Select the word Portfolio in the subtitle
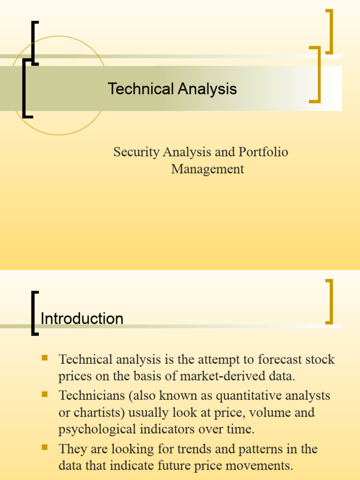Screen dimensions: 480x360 (263, 152)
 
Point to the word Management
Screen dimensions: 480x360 (208, 169)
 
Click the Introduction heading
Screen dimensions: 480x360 (82, 319)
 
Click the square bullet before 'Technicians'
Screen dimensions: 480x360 (45, 394)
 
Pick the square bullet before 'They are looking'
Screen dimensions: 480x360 (45, 448)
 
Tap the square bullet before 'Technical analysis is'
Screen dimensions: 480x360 (45, 359)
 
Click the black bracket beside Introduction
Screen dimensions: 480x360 (34, 313)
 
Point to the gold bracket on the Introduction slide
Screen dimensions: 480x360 (330, 301)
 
